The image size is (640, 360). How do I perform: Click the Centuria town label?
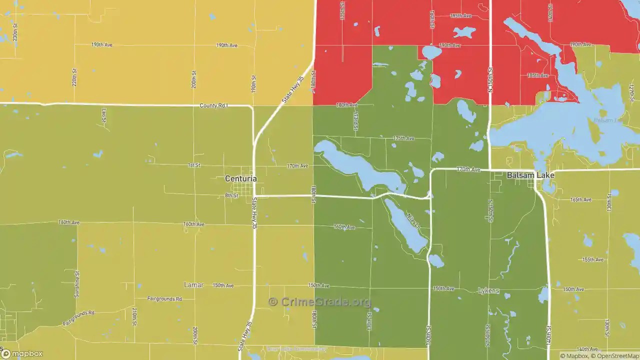(x=240, y=178)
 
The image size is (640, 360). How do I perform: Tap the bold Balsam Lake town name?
(x=530, y=175)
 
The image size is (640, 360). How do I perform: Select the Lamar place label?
(x=194, y=285)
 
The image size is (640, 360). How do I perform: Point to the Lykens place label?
(x=488, y=290)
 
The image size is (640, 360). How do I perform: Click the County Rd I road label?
(x=213, y=106)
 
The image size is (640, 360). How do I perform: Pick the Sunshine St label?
(x=77, y=284)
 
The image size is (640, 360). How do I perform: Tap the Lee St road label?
(x=104, y=116)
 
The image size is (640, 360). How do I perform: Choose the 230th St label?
(x=15, y=32)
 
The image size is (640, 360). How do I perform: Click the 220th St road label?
(x=74, y=77)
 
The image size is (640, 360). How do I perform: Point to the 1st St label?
(x=194, y=165)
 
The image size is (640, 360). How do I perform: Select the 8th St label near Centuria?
(x=231, y=195)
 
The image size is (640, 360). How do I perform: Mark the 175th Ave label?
(x=403, y=138)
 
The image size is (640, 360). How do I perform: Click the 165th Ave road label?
(x=580, y=199)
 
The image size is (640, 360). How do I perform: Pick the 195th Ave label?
(x=460, y=16)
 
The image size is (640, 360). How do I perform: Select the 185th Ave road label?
(x=538, y=75)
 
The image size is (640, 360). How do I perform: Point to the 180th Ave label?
(x=346, y=105)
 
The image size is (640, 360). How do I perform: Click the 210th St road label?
(x=134, y=316)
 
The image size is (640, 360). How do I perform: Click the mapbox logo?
(x=21, y=353)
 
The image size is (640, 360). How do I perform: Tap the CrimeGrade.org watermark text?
(x=320, y=302)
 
